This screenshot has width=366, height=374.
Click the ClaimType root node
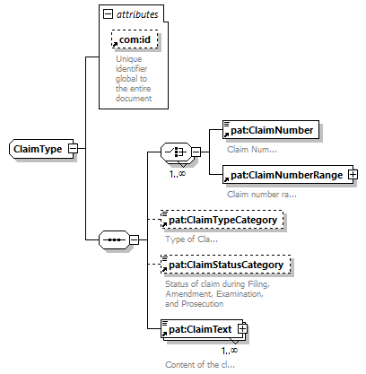click(41, 149)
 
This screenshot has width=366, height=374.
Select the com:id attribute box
click(135, 39)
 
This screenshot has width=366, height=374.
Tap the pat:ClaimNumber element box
click(271, 130)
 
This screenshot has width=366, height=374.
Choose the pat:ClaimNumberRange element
click(288, 175)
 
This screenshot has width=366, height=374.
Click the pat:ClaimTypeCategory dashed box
click(222, 220)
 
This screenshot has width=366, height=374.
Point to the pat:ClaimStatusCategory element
click(225, 265)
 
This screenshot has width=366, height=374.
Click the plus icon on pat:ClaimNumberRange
click(353, 174)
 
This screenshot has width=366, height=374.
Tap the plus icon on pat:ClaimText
click(242, 329)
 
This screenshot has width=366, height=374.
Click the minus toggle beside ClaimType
click(73, 149)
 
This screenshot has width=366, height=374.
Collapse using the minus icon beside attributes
click(108, 13)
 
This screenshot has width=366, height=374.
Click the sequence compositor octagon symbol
click(114, 239)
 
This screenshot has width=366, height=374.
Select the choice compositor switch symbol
click(176, 152)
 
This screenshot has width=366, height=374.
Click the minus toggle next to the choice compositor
click(196, 152)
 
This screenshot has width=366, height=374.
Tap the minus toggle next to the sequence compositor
click(135, 239)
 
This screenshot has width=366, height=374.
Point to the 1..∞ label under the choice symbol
click(178, 174)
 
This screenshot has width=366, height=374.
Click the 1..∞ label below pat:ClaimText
click(230, 351)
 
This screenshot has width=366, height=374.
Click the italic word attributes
click(137, 14)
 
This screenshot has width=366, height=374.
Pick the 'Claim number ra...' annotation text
click(262, 195)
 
